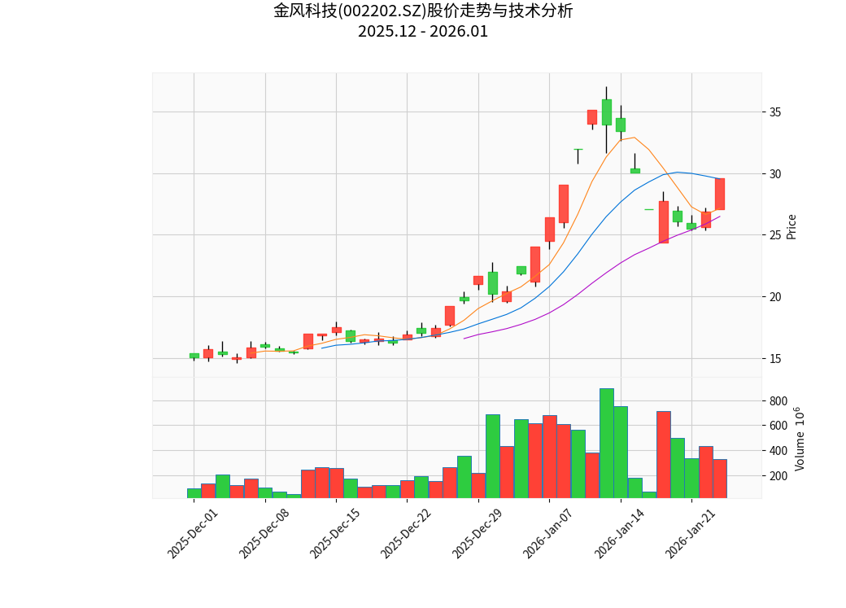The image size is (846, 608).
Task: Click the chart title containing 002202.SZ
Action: (423, 11)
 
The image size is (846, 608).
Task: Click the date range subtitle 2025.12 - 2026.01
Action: (423, 32)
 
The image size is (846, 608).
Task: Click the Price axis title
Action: (791, 226)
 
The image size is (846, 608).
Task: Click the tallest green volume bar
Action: (606, 444)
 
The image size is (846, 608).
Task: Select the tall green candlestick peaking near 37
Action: (606, 112)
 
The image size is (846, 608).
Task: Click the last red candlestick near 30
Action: (720, 194)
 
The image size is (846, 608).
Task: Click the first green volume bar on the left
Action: (194, 493)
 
